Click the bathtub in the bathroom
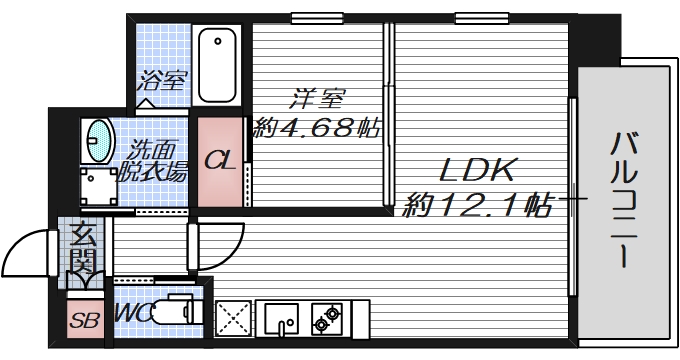pyautogui.click(x=217, y=64)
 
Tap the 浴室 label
pyautogui.click(x=162, y=79)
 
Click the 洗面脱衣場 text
pyautogui.click(x=152, y=163)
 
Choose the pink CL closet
pyautogui.click(x=220, y=161)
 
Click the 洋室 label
pyautogui.click(x=317, y=100)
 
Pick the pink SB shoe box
pyautogui.click(x=83, y=320)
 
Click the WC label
pyautogui.click(x=133, y=313)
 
